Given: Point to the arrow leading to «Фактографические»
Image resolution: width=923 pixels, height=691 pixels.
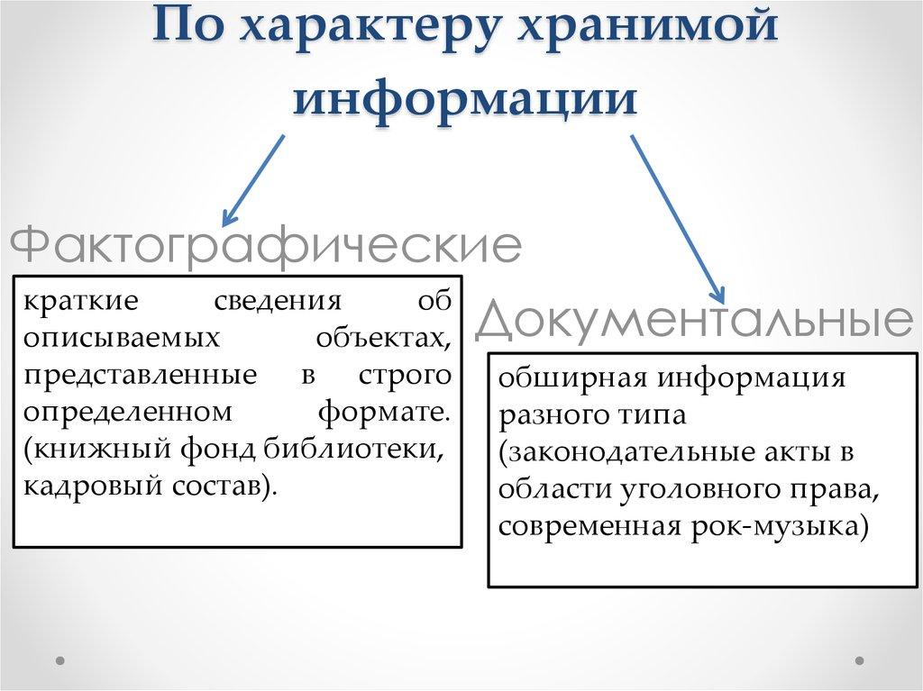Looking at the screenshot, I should pyautogui.click(x=253, y=178).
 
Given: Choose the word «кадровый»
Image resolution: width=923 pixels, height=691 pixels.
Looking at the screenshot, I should pyautogui.click(x=82, y=486).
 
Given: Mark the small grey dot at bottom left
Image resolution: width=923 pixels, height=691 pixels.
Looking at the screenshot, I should pyautogui.click(x=60, y=660).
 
